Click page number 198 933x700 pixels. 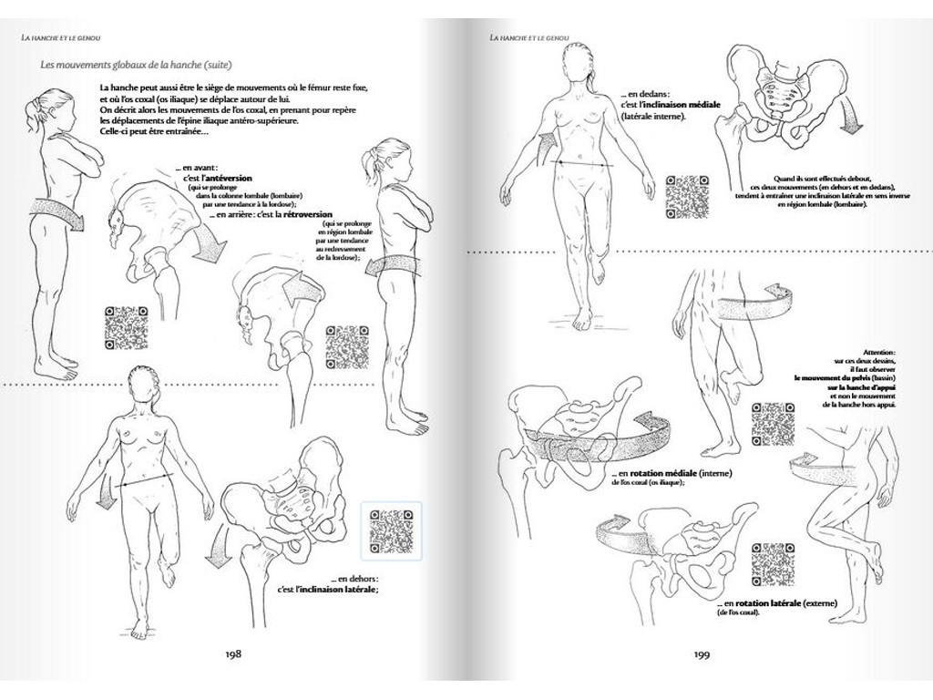231,653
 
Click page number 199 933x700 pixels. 702,653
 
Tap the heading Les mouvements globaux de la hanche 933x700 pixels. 137,65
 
